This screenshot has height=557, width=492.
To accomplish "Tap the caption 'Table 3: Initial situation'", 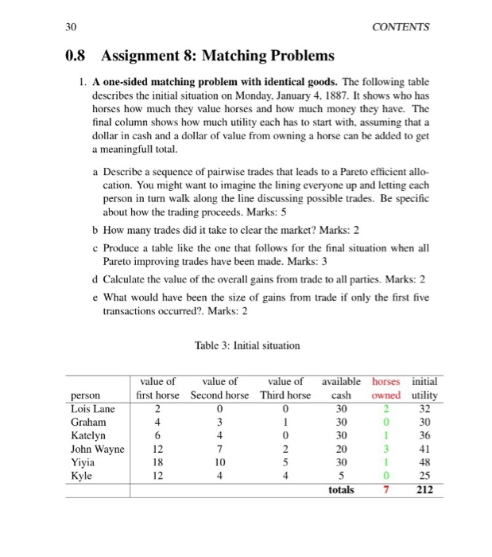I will point(246,345).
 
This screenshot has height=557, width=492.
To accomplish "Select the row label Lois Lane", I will point(89,409).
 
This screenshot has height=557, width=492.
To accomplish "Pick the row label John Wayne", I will point(97,450).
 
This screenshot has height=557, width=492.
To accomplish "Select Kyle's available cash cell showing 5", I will point(341,477).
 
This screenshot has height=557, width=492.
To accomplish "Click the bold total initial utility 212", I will point(424,490).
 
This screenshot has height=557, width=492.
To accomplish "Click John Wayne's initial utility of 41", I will point(424,450).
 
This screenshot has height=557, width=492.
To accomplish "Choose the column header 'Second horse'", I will point(219,395).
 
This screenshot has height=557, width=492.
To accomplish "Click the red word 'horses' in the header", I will point(387,382).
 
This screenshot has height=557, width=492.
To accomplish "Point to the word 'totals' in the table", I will point(341,490).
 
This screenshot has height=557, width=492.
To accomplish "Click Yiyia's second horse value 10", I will point(220,463).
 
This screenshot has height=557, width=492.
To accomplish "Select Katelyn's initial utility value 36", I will point(424,436).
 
